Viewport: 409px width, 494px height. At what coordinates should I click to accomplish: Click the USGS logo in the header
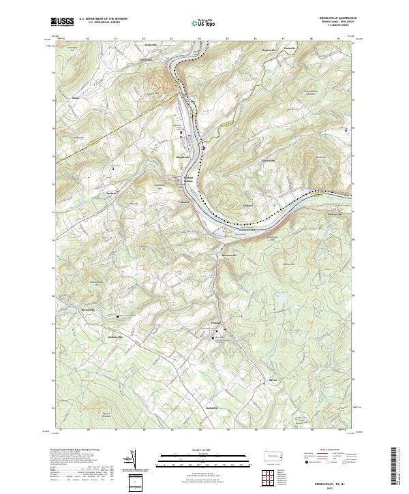tap(63, 22)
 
